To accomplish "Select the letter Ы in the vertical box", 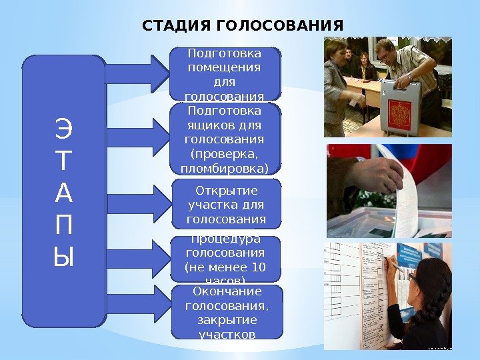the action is coord(63,256).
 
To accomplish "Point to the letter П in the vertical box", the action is coord(63,224).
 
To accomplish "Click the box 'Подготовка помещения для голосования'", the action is coord(225,73).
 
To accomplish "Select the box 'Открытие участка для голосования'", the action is coord(225,203).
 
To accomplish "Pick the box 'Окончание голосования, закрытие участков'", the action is coord(225,312).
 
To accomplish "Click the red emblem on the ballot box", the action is coord(400,109).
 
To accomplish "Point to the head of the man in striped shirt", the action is coord(385,50).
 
